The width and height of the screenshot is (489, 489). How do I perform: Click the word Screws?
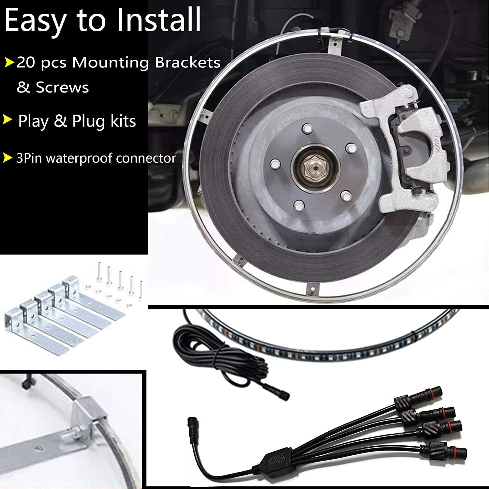(x=62, y=87)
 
